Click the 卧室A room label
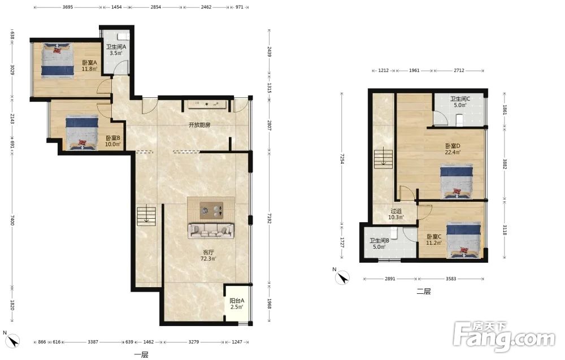click(89, 66)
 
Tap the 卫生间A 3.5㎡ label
click(116, 50)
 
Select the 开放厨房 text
click(199, 125)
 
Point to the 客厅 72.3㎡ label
click(208, 255)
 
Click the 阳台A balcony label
click(237, 304)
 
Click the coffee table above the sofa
click(211, 210)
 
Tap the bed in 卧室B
click(82, 132)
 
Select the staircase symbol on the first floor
click(146, 216)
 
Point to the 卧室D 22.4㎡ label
click(453, 149)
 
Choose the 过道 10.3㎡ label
click(396, 214)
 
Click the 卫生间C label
click(460, 99)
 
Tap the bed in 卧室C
click(464, 240)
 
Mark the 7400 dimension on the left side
click(12, 220)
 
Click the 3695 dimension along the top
click(68, 7)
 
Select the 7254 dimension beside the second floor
click(342, 159)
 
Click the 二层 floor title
click(424, 291)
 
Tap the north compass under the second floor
click(342, 278)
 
